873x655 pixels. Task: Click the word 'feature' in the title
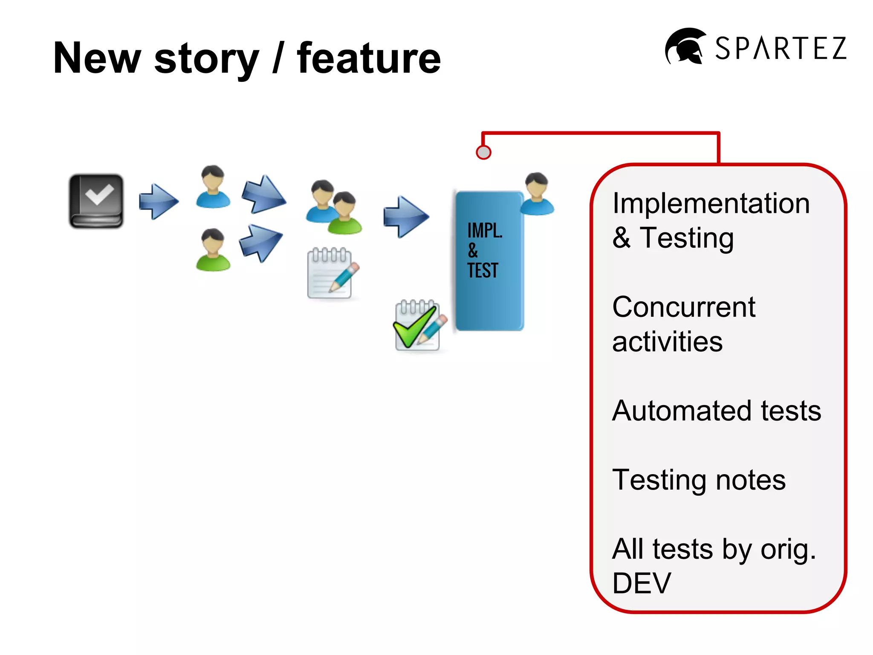pyautogui.click(x=369, y=58)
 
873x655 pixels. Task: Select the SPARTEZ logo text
pyautogui.click(x=780, y=48)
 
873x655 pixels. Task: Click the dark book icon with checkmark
pyautogui.click(x=96, y=201)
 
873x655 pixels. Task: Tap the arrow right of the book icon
pyautogui.click(x=159, y=202)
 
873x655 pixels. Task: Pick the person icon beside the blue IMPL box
pyautogui.click(x=537, y=194)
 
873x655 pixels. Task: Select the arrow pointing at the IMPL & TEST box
pyautogui.click(x=405, y=217)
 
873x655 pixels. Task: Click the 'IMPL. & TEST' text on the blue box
pyautogui.click(x=483, y=250)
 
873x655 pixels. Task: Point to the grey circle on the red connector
pyautogui.click(x=483, y=152)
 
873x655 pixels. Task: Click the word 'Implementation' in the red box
pyautogui.click(x=711, y=203)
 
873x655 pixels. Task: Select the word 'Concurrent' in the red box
pyautogui.click(x=683, y=307)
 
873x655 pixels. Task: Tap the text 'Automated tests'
pyautogui.click(x=716, y=411)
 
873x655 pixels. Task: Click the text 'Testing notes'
pyautogui.click(x=699, y=480)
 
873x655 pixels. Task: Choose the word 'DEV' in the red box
pyautogui.click(x=642, y=583)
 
